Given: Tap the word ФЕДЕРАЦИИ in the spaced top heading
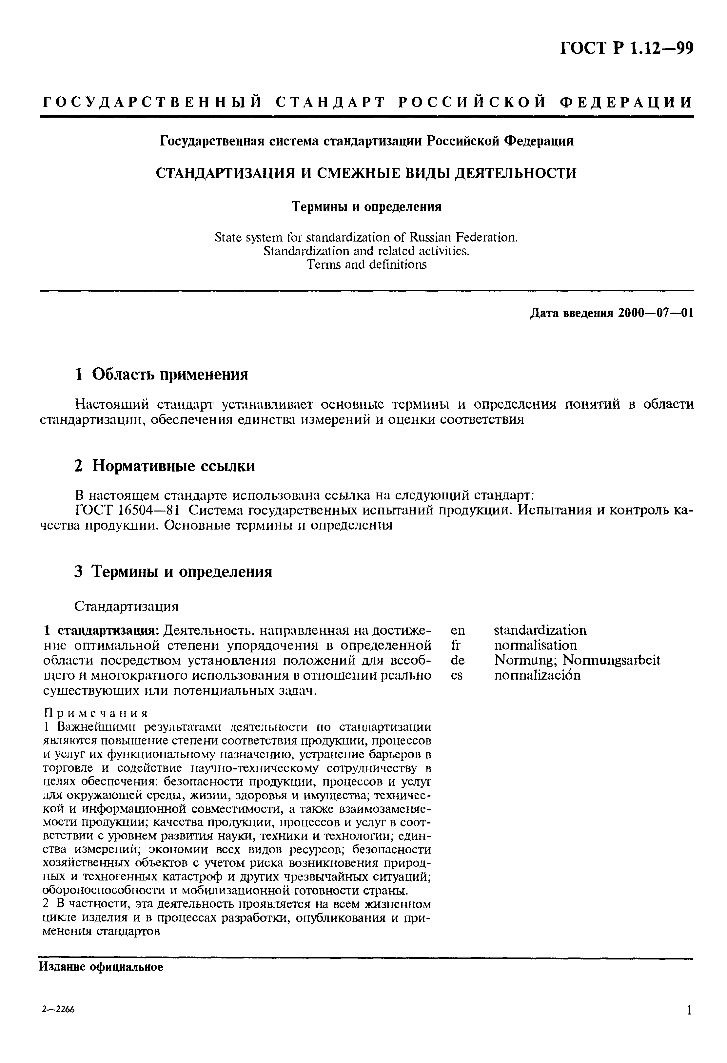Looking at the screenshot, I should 626,102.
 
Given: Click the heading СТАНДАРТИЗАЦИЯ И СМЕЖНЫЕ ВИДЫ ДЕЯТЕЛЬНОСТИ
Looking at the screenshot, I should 366,173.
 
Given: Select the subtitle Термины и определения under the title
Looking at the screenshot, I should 366,207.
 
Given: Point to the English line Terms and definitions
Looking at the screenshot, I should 366,264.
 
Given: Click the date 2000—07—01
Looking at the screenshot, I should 655,313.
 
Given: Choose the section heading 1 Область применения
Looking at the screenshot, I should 161,375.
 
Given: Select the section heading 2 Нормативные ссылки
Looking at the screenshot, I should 165,466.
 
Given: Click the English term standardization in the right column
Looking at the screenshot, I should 540,630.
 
